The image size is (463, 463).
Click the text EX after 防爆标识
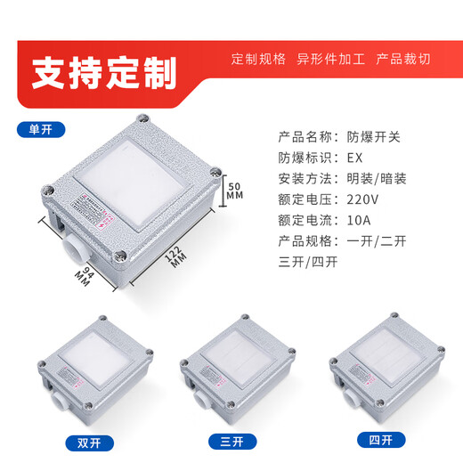(354, 157)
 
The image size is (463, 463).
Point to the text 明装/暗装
(376, 178)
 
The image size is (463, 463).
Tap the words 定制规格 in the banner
(258, 59)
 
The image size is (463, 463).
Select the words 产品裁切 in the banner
(403, 59)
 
